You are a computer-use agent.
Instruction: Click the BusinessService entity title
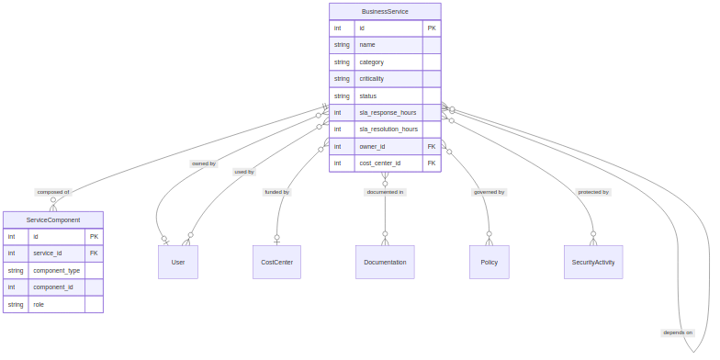[385, 11]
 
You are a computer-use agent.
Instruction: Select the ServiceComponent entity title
[53, 219]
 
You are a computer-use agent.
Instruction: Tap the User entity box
[178, 262]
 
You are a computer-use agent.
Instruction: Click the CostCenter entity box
[276, 262]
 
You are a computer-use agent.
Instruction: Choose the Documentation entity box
[385, 262]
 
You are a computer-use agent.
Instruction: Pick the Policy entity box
[489, 262]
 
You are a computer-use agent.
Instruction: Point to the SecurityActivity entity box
[593, 262]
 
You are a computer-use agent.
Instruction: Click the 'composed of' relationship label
[53, 192]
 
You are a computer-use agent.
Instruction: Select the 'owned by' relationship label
[204, 163]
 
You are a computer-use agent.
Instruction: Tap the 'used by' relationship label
[244, 172]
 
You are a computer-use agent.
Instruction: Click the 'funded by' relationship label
[276, 192]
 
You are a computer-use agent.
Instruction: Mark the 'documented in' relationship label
[385, 192]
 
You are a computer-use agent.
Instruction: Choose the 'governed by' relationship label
[489, 192]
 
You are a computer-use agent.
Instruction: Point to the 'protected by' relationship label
[593, 192]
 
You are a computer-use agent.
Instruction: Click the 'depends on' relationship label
[678, 332]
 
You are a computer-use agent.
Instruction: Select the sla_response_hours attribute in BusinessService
[388, 112]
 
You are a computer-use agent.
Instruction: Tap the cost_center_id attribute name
[379, 163]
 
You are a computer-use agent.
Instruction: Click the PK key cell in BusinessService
[432, 28]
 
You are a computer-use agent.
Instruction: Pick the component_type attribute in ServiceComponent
[56, 270]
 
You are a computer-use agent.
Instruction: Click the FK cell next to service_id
[94, 253]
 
